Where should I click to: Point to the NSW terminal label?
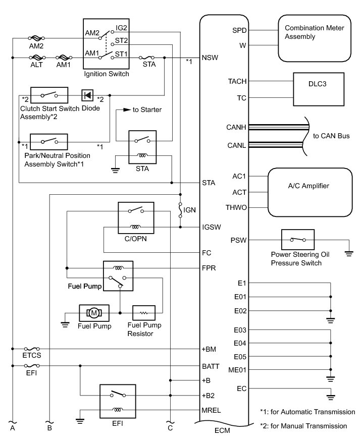210,58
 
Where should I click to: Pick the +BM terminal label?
210,349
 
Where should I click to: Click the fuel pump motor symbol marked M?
93,313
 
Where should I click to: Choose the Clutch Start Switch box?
49,95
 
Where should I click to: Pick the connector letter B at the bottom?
49,429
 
